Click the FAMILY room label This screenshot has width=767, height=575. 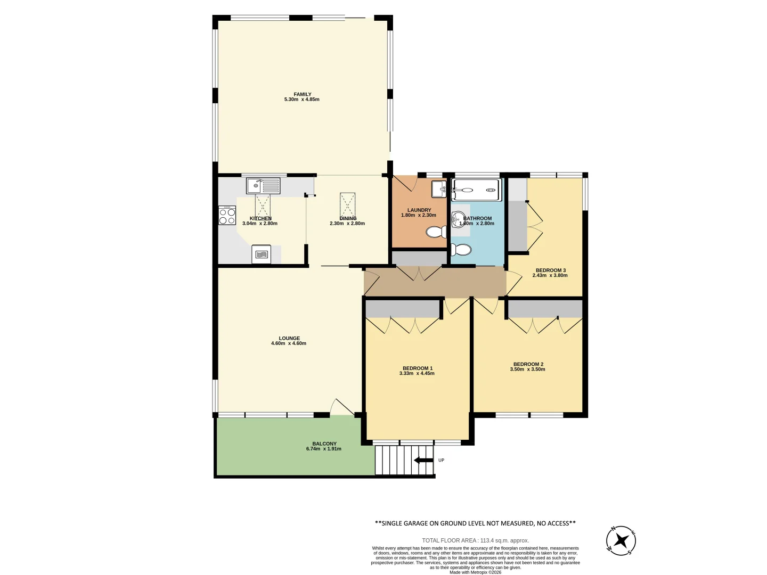[302, 94]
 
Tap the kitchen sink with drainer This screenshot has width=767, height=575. [263, 186]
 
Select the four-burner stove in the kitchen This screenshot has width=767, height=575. [227, 215]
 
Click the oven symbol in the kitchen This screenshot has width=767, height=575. [261, 254]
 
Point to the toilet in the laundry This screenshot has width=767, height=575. [437, 232]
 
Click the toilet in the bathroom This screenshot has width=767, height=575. [461, 249]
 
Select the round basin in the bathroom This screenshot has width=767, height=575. [458, 218]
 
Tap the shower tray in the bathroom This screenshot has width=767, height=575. [476, 190]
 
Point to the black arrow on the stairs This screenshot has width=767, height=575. [423, 460]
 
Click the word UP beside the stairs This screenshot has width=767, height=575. [441, 460]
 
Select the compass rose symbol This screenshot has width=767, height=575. [621, 541]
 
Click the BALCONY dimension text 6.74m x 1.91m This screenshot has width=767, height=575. [324, 449]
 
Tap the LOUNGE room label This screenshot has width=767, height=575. [289, 338]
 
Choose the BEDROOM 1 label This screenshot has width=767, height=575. [418, 368]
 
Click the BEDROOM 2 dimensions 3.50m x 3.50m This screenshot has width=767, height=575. [527, 369]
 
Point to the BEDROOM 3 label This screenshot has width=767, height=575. [551, 270]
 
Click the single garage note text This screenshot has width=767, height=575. [475, 523]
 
